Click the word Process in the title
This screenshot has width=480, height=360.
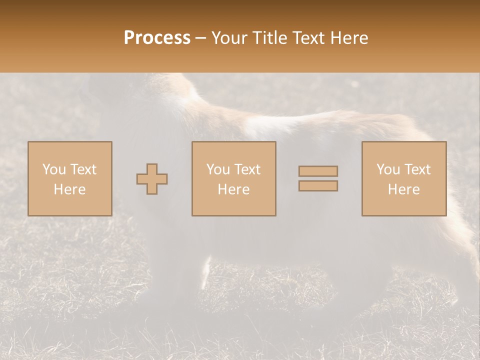pos(157,38)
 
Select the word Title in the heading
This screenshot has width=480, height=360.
pos(270,38)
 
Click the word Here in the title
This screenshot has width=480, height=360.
pos(349,38)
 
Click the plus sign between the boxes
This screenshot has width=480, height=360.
pos(152,179)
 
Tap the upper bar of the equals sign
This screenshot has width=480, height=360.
pos(318,171)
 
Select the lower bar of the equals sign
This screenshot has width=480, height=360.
pos(318,186)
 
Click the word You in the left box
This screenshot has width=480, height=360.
pos(53,169)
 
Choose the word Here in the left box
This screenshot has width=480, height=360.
pos(69,189)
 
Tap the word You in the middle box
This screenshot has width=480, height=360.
pos(218,169)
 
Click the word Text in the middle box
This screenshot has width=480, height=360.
pos(247,169)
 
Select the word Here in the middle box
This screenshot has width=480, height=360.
pos(233,189)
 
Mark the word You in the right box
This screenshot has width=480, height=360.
pos(388,169)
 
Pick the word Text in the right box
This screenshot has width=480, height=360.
pos(417,169)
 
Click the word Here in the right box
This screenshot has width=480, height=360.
pos(403,189)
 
